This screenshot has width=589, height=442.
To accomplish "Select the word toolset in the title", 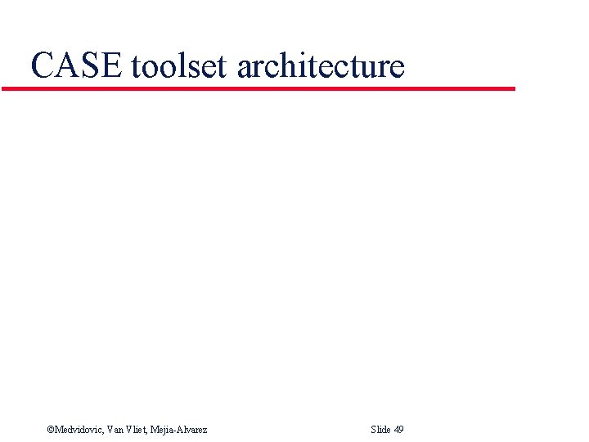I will (x=178, y=65).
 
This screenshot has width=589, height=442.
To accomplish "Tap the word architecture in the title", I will (x=321, y=65).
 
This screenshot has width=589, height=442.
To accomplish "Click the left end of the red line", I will (x=3, y=88).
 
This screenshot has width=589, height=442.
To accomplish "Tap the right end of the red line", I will (x=514, y=88).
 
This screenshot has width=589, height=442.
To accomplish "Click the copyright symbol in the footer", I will (x=50, y=430).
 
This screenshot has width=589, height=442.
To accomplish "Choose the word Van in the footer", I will (x=115, y=430).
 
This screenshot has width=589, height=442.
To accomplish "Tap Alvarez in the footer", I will (x=193, y=430).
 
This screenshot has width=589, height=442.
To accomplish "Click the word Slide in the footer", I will (x=380, y=430).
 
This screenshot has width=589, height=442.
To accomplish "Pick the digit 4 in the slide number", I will (x=396, y=430).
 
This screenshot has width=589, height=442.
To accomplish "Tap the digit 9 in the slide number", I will (x=401, y=430).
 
